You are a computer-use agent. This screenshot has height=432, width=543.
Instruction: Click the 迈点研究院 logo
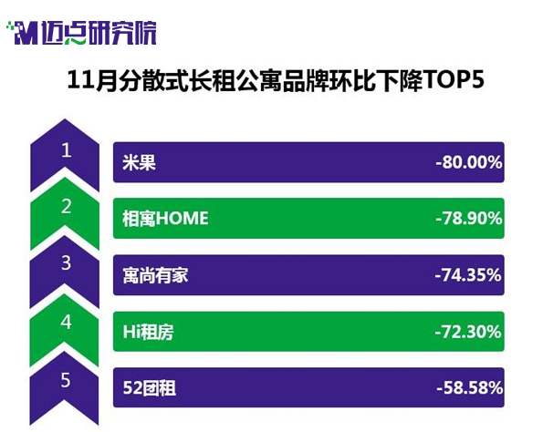81,33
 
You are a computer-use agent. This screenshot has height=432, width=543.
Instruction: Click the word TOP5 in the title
453,80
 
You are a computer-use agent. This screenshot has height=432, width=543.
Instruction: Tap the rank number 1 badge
65,155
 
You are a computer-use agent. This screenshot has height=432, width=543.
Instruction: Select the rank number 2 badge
65,213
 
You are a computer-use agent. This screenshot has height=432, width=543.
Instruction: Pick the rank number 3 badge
65,272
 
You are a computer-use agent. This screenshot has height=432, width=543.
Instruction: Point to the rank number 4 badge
65,330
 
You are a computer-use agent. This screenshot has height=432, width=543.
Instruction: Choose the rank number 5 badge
65,388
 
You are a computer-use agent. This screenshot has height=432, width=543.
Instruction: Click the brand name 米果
140,162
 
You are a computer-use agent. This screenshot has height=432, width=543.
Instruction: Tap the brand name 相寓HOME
165,219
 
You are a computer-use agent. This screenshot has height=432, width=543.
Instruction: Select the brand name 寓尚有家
155,275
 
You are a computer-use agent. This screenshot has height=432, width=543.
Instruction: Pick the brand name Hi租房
148,332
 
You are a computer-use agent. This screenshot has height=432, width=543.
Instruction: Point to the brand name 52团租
150,387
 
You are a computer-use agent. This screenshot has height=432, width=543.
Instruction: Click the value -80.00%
469,162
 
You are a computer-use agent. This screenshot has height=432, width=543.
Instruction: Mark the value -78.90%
469,219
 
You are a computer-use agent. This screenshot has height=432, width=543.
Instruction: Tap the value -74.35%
468,275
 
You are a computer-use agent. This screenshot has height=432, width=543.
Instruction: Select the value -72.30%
468,332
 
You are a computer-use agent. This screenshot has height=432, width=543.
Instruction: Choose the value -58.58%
470,387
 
